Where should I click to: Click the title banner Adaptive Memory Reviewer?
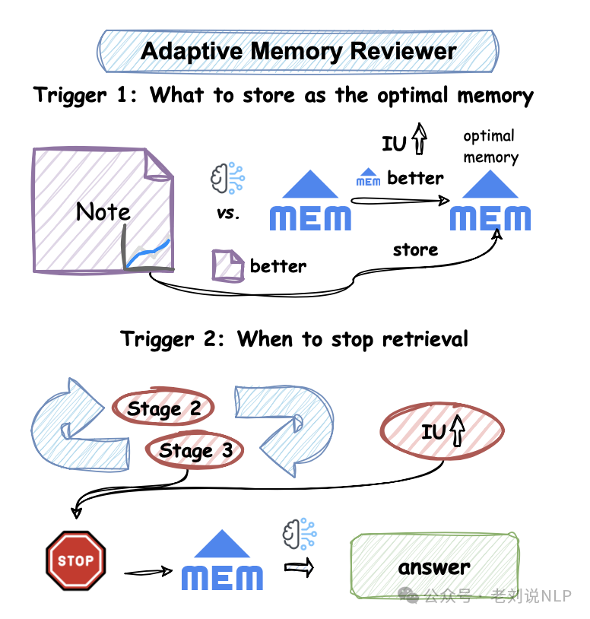[x=298, y=52]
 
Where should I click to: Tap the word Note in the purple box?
[x=103, y=211]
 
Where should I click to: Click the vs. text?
[x=227, y=214]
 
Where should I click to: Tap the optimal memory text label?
[x=490, y=147]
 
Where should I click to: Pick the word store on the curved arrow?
[x=415, y=249]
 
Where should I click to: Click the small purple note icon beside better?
[x=227, y=266]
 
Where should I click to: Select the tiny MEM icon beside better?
[x=368, y=177]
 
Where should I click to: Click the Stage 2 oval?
[x=163, y=409]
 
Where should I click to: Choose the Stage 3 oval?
[x=195, y=451]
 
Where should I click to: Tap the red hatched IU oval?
[x=444, y=432]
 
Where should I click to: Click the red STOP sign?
[x=76, y=561]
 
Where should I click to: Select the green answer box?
[x=434, y=567]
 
